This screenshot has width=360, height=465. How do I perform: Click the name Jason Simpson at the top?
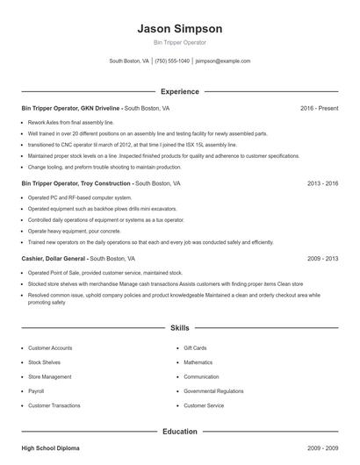(x=179, y=29)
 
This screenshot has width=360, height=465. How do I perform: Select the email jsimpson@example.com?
(x=222, y=61)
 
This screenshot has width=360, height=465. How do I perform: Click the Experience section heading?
(x=179, y=91)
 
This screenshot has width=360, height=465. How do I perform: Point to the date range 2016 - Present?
(x=319, y=108)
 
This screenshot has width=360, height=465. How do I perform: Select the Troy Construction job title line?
(x=76, y=184)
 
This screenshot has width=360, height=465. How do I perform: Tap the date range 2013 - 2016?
(x=322, y=184)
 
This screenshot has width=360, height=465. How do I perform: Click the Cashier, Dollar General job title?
(x=54, y=260)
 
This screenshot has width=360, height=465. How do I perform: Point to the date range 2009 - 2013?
(x=322, y=260)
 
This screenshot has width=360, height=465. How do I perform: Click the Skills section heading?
(x=179, y=327)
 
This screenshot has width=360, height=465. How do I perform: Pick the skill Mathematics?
(x=198, y=362)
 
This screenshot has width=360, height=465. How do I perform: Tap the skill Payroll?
(x=36, y=391)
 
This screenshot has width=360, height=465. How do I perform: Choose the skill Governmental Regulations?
(x=213, y=391)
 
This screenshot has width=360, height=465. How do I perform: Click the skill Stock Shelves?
(x=45, y=362)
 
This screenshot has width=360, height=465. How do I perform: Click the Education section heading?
(x=179, y=432)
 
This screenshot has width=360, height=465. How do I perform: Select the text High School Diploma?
(x=51, y=449)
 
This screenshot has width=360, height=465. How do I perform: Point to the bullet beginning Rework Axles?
(x=66, y=122)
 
